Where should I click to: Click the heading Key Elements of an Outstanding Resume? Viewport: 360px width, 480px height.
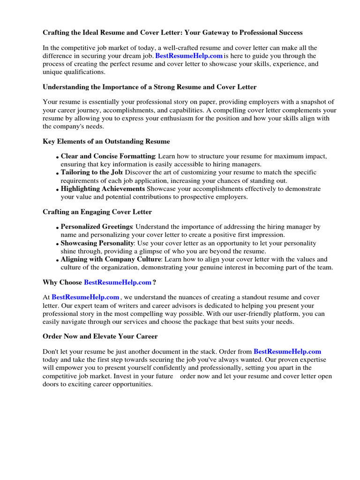pos(106,141)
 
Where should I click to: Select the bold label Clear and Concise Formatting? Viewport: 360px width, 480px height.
pos(108,156)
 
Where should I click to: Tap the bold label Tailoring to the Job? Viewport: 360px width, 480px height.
pos(91,172)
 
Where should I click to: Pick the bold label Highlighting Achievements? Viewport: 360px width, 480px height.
pos(103,189)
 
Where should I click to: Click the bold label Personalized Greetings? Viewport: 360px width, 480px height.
pos(97,227)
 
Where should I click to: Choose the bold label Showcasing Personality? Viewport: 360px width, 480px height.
pos(97,243)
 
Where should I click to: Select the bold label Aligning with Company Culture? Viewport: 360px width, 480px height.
pos(111,259)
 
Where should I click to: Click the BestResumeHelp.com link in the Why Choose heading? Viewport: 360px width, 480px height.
pos(118,282)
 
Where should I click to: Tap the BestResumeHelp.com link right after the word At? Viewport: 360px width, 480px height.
pos(85,297)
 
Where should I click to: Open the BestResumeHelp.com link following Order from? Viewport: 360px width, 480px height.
pos(287,352)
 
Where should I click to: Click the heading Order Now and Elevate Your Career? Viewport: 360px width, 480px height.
pos(100,337)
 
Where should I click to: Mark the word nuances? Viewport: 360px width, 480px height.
pos(183,297)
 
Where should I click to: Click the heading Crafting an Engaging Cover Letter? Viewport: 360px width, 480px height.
pos(97,212)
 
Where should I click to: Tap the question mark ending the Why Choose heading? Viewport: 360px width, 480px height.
pos(154,282)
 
